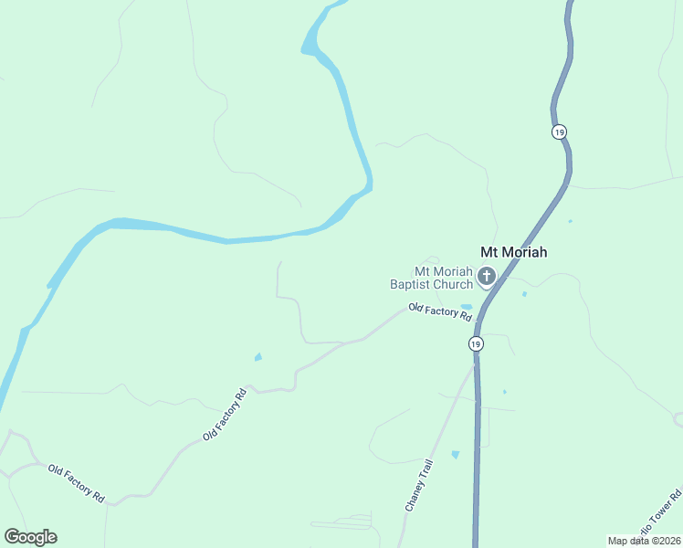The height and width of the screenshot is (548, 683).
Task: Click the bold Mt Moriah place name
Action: point(514,253)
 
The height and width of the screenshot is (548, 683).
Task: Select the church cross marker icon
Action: point(487,276)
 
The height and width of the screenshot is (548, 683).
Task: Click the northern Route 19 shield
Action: point(559,132)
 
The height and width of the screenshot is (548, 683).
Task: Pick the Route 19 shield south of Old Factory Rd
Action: point(476,343)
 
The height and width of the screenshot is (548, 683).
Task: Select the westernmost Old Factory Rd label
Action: point(76,481)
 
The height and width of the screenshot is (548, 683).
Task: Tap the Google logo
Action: point(30,537)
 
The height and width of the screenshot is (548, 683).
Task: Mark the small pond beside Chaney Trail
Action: point(455,454)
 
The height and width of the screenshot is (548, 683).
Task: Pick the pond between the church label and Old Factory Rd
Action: point(467,306)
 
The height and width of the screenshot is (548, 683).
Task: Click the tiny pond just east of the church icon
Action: point(524,294)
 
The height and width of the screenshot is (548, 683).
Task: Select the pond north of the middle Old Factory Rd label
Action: point(258,356)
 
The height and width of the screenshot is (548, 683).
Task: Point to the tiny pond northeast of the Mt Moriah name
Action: point(570,221)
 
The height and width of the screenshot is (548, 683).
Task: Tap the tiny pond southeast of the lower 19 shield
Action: point(504,392)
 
